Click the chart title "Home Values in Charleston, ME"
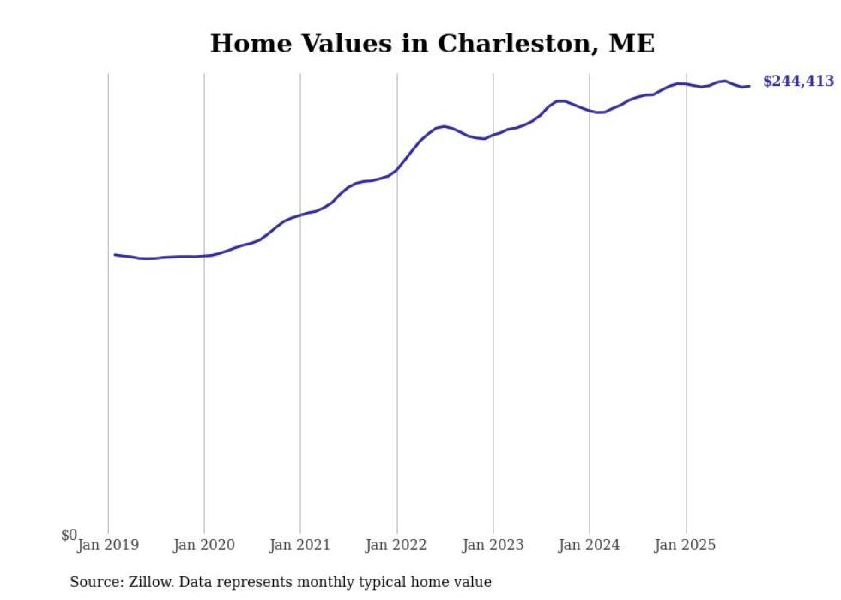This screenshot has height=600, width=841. pyautogui.click(x=432, y=44)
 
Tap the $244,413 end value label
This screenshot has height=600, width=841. pyautogui.click(x=798, y=82)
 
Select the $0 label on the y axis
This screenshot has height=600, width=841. pyautogui.click(x=69, y=536)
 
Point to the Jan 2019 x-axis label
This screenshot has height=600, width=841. pyautogui.click(x=108, y=544)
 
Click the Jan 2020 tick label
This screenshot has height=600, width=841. pyautogui.click(x=204, y=544)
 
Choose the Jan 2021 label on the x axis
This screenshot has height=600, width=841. pyautogui.click(x=300, y=544)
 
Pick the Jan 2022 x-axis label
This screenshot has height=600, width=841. pyautogui.click(x=396, y=544)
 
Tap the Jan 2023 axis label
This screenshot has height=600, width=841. pyautogui.click(x=493, y=544)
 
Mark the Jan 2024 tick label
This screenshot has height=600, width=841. pyautogui.click(x=589, y=544)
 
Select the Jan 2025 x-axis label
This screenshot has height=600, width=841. pyautogui.click(x=686, y=544)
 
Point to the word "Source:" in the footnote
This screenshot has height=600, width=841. pyautogui.click(x=97, y=582)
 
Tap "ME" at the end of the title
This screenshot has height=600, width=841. pyautogui.click(x=632, y=44)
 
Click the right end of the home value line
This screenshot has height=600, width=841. pyautogui.click(x=749, y=86)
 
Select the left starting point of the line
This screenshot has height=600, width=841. pyautogui.click(x=115, y=254)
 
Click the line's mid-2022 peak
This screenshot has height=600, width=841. pyautogui.click(x=444, y=126)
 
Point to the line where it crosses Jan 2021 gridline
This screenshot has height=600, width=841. pyautogui.click(x=300, y=215)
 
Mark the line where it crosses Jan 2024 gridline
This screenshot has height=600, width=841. pyautogui.click(x=590, y=111)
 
